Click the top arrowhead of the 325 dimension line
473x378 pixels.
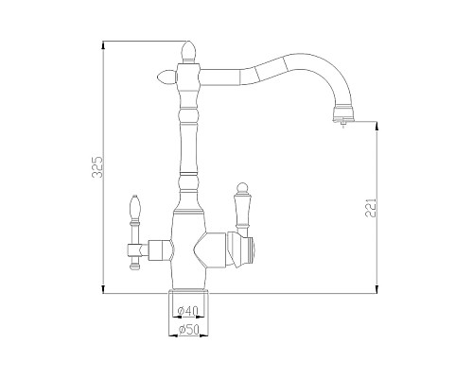tap(102, 45)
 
